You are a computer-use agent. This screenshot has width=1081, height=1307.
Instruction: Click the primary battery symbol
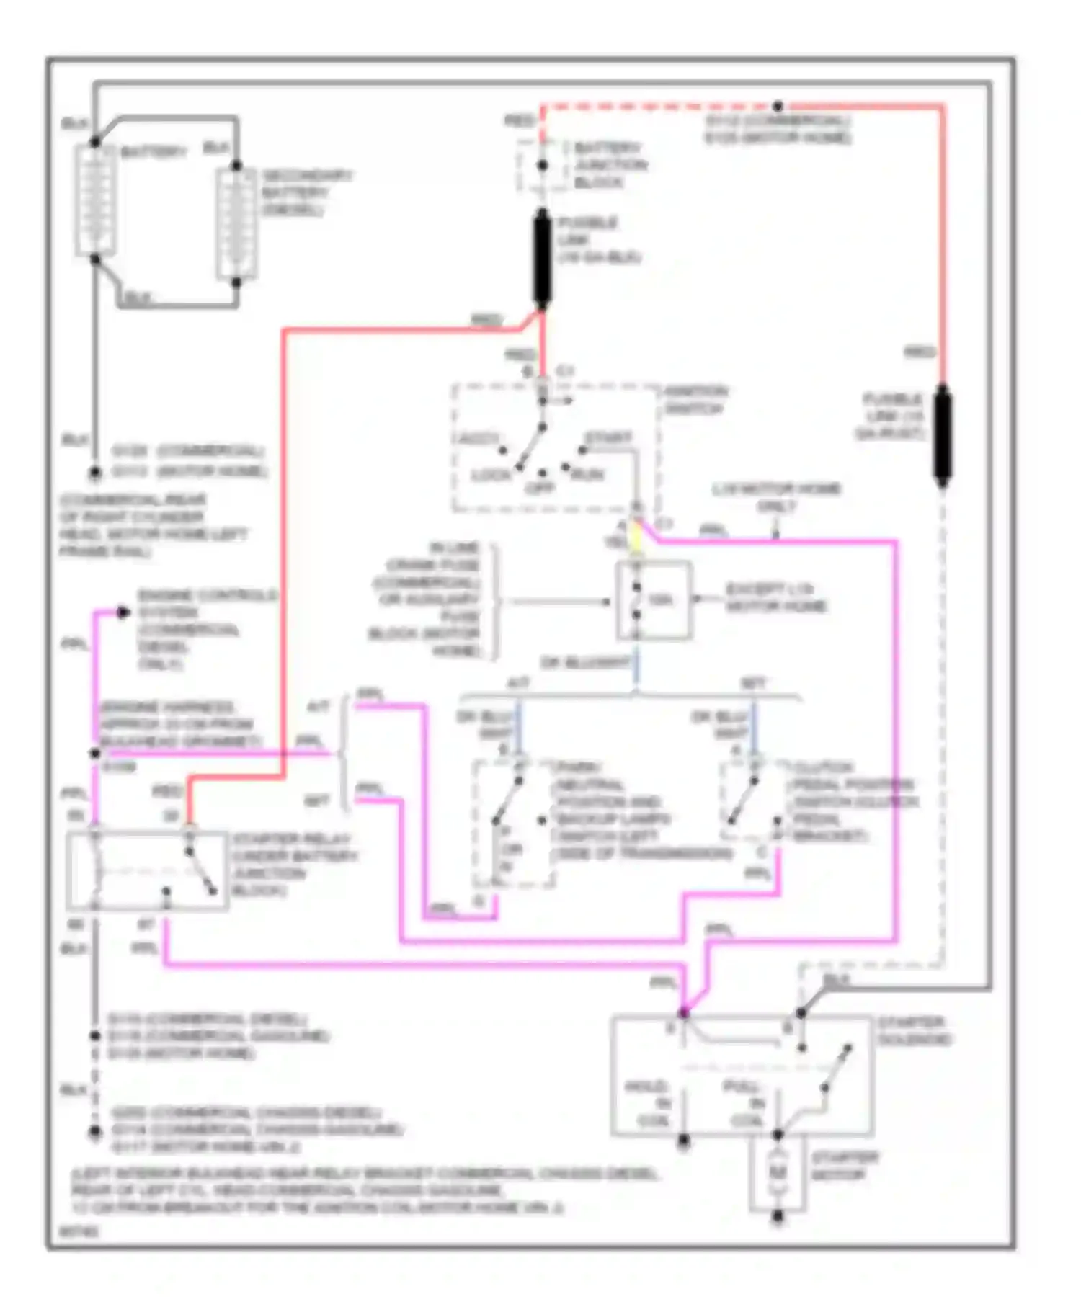tap(95, 200)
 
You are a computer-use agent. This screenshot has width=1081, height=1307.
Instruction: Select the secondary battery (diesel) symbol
tap(236, 224)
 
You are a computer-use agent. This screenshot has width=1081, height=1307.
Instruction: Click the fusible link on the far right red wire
tap(941, 434)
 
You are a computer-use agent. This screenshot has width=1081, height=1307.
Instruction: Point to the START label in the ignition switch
tap(609, 437)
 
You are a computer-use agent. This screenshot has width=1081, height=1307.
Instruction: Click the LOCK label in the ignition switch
tap(490, 475)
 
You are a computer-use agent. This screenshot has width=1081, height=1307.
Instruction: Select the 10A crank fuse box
tap(653, 600)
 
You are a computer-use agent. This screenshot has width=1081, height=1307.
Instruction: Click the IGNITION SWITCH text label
tap(695, 400)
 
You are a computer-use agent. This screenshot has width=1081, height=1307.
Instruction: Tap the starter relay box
tap(146, 870)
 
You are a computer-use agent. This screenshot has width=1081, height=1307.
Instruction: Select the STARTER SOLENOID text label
tap(914, 1030)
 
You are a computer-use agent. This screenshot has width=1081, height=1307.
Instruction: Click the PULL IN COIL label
tap(742, 1103)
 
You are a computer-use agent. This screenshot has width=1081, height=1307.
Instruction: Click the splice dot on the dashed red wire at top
tap(778, 106)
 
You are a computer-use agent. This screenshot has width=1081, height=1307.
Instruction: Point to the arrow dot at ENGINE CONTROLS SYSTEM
tap(123, 612)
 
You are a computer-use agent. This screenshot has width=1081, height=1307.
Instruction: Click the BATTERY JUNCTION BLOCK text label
tap(610, 165)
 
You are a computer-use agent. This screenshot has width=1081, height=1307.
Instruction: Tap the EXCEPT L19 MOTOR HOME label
tap(775, 597)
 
